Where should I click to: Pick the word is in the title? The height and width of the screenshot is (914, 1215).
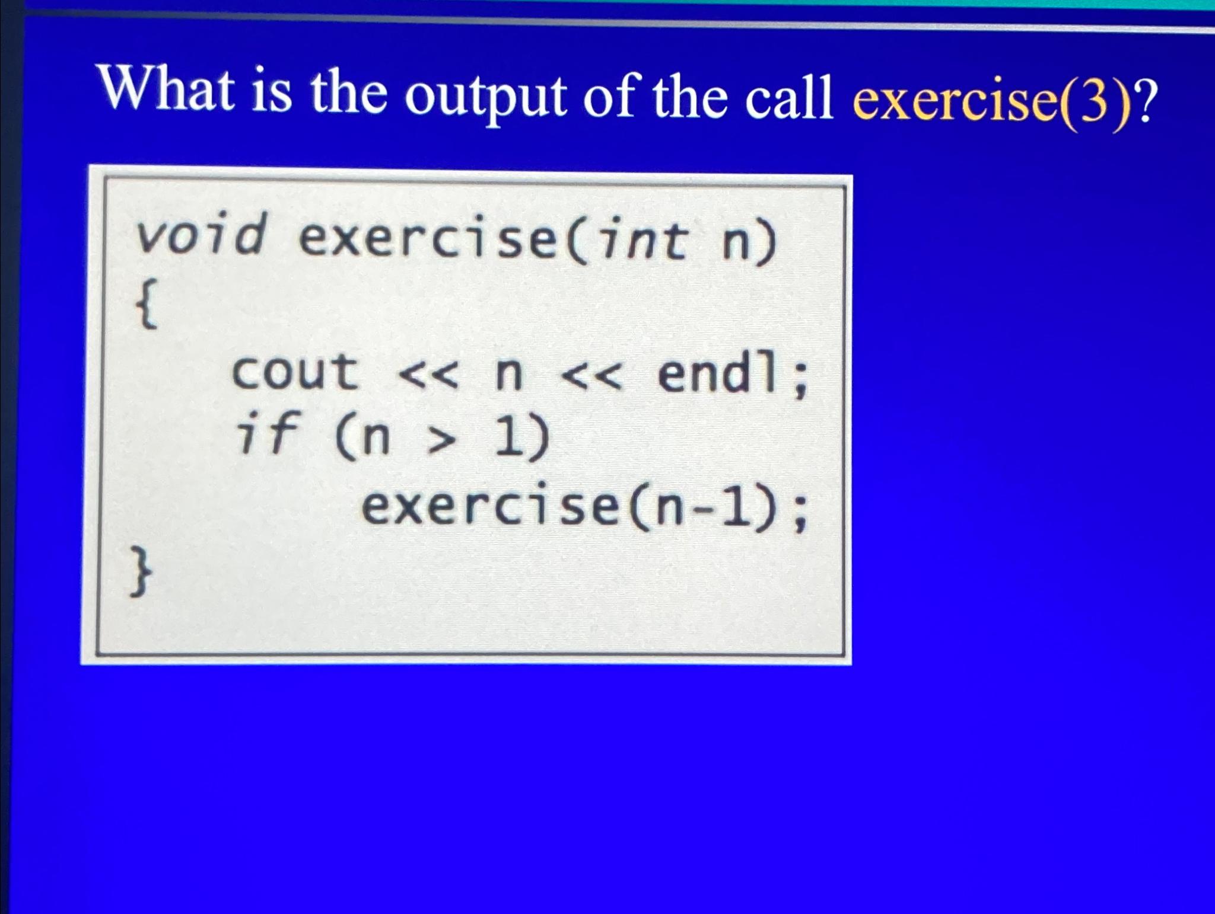click(272, 95)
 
